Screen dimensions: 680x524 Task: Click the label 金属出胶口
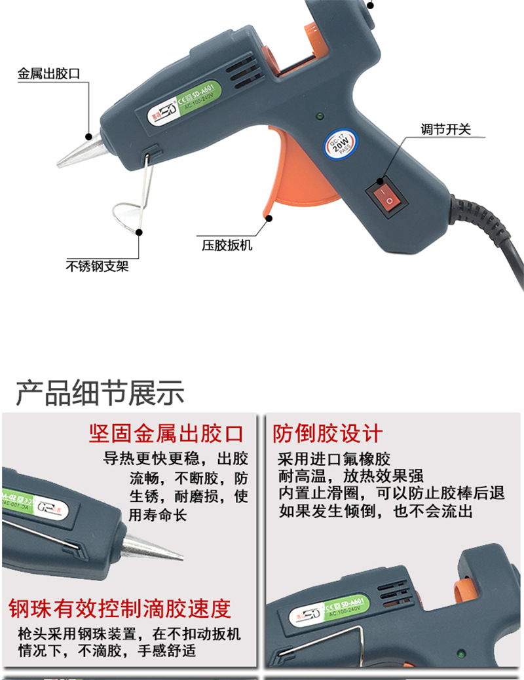tap(48, 74)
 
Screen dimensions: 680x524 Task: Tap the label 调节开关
tap(446, 128)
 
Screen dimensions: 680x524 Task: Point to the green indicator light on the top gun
tap(319, 117)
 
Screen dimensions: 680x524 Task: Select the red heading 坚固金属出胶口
tap(166, 433)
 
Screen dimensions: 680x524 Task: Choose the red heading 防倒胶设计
tap(327, 433)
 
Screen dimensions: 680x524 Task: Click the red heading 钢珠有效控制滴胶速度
tap(120, 609)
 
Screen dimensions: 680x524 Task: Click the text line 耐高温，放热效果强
tap(351, 476)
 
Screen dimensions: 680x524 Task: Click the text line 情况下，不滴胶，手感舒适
tap(107, 651)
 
